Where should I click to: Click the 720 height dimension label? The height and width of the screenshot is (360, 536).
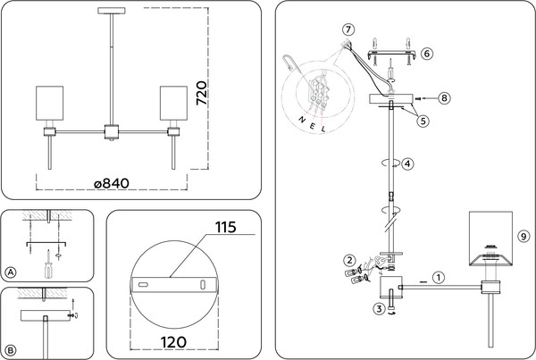point(202,93)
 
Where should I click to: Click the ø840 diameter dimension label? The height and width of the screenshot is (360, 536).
point(112,184)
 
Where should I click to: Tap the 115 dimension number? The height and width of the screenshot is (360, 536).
point(226,228)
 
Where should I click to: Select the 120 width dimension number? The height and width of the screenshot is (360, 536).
point(173,342)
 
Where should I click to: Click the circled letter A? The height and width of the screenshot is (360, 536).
point(11,272)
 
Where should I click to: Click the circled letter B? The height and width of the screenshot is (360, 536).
point(11,350)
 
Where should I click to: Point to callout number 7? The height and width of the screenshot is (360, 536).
point(348,29)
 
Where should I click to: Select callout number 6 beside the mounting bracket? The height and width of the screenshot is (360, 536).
point(427,54)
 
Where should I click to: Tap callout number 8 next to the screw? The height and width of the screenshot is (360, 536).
point(444,98)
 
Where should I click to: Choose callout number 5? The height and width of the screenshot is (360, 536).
point(423,121)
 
